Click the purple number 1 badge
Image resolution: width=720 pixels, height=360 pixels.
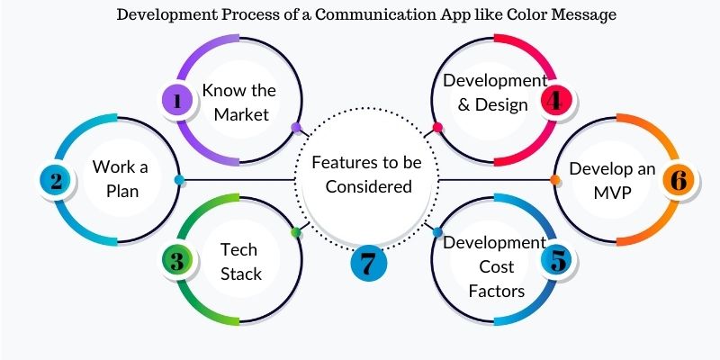point(177,102)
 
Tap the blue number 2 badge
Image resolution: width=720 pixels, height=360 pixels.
point(56,180)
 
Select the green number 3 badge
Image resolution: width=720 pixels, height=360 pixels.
point(177,261)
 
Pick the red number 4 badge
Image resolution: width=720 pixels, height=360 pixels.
point(556,101)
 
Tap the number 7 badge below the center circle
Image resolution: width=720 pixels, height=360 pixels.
point(367,264)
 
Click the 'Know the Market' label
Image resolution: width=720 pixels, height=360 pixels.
point(238,102)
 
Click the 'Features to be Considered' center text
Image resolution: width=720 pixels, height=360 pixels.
point(367,175)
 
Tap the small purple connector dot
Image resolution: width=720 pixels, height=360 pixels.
point(296,127)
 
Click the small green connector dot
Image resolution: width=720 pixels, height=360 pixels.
point(295,233)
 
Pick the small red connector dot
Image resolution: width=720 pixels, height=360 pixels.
point(437,127)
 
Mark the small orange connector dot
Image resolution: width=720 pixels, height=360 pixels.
point(554,181)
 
